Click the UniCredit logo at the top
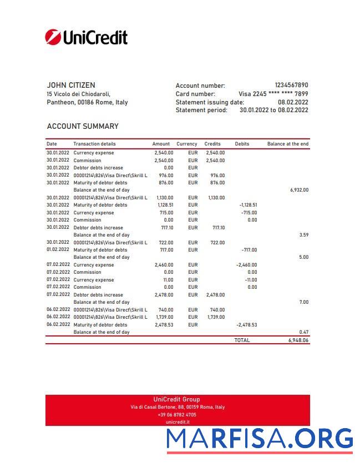click(x=86, y=37)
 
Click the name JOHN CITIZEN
click(x=71, y=85)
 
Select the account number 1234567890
click(x=291, y=86)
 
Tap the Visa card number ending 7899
click(x=273, y=94)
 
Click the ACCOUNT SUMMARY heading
click(x=83, y=126)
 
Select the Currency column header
click(x=187, y=144)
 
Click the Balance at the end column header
click(x=287, y=144)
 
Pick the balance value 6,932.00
click(x=298, y=190)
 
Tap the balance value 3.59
click(x=303, y=235)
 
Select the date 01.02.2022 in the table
click(x=58, y=250)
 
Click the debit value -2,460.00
click(x=246, y=265)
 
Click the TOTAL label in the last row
click(x=242, y=340)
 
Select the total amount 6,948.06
click(x=298, y=340)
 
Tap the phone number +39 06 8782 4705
click(x=177, y=415)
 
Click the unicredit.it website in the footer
click(x=177, y=422)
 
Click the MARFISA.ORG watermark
click(x=260, y=439)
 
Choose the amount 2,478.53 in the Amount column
click(x=164, y=325)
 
